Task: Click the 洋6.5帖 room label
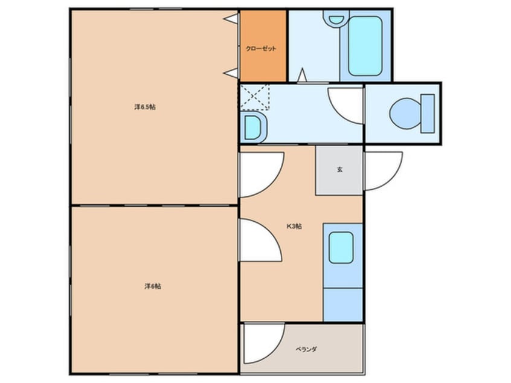click(145, 107)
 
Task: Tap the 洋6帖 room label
click(153, 286)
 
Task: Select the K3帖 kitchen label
click(294, 226)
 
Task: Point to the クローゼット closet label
click(261, 48)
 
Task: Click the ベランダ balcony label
click(306, 349)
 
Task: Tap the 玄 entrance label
click(339, 170)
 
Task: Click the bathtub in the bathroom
click(365, 46)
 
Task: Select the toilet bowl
click(405, 114)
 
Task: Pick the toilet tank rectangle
click(428, 114)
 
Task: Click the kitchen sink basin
click(341, 248)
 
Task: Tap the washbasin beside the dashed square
click(254, 127)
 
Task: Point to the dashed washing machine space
click(255, 97)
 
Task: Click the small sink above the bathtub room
click(336, 19)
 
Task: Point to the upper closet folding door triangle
click(231, 19)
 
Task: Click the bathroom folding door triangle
click(302, 75)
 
